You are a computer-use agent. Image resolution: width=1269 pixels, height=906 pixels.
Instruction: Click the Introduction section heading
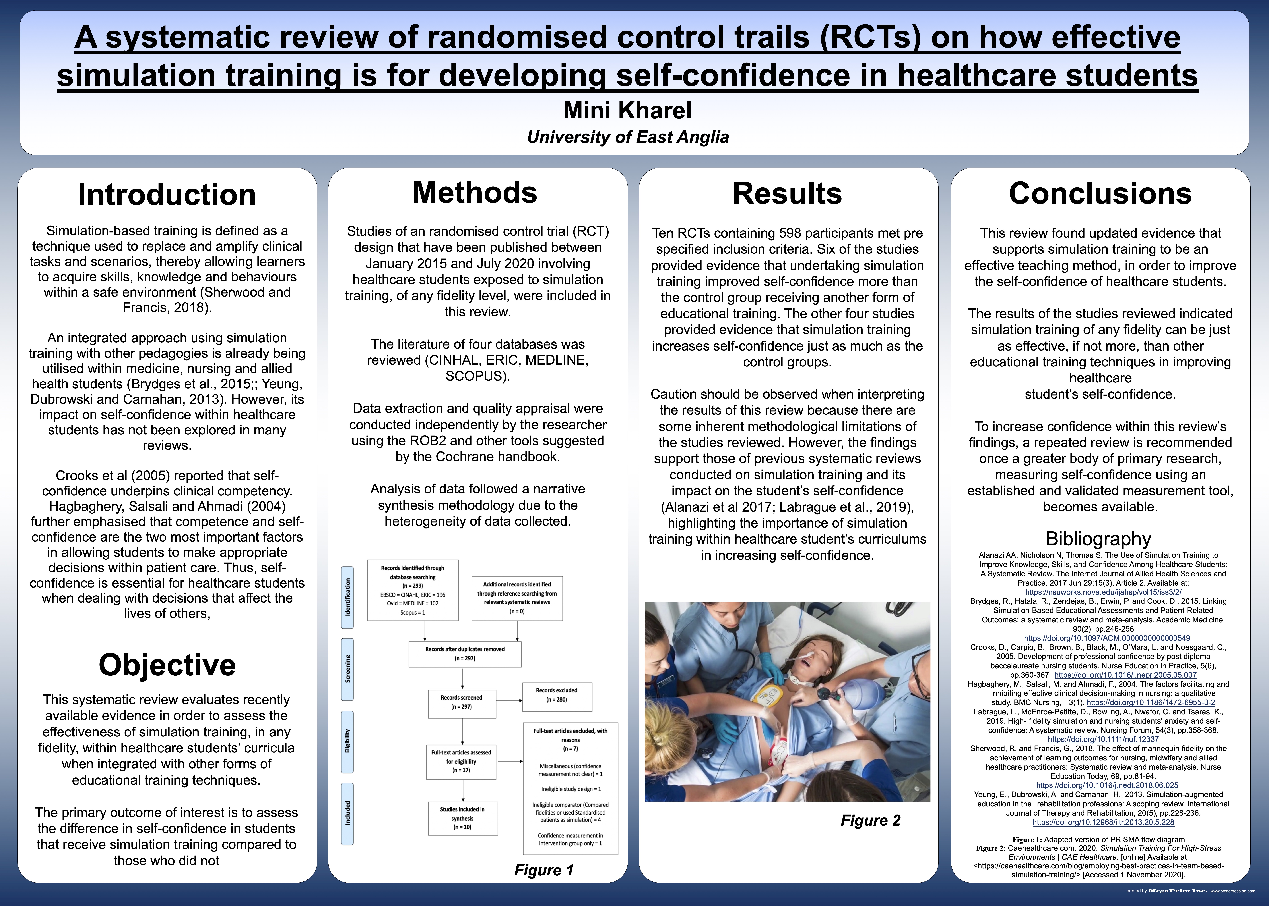click(167, 195)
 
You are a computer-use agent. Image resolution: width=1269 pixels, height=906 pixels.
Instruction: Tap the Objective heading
click(167, 665)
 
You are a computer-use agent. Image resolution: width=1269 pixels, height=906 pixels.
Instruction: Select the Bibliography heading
click(1098, 538)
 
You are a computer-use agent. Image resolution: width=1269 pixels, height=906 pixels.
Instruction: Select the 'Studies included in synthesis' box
click(463, 818)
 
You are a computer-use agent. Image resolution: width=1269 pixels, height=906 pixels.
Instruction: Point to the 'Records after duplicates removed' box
click(465, 654)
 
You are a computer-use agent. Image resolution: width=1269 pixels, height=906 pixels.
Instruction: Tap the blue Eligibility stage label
click(347, 741)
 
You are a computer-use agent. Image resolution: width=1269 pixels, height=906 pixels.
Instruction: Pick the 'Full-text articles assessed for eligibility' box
click(461, 761)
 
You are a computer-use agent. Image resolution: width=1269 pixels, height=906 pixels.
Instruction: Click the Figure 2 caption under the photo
click(871, 820)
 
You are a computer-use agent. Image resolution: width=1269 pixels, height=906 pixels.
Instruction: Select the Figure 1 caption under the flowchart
click(543, 870)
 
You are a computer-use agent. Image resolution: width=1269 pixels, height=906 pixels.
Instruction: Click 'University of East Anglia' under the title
click(628, 137)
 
